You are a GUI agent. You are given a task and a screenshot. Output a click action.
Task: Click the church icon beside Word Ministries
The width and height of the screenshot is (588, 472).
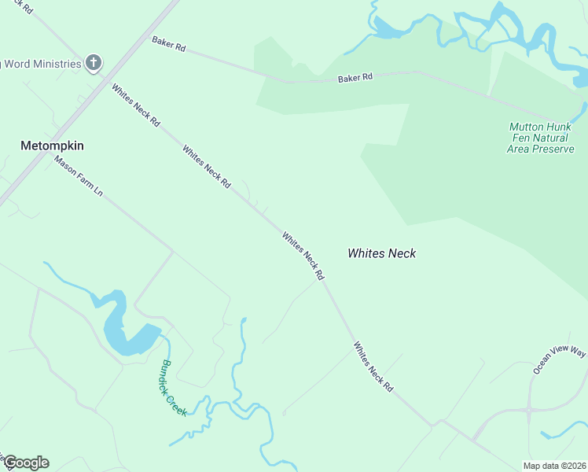(94, 63)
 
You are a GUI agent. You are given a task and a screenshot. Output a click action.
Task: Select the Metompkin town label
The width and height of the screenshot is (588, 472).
(52, 146)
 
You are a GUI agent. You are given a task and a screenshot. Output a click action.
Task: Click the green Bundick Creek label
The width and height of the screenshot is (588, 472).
(174, 387)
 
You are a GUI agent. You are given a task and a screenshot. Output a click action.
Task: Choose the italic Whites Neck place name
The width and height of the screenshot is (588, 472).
(381, 253)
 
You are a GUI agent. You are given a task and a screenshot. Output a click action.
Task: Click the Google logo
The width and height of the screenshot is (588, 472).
(25, 463)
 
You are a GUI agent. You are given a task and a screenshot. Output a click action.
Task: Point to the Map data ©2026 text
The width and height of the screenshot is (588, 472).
(553, 465)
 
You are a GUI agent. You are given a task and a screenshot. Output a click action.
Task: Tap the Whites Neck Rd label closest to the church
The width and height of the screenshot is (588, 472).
(136, 105)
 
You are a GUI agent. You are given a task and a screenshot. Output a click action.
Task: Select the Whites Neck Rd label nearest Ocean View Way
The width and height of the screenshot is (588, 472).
(373, 367)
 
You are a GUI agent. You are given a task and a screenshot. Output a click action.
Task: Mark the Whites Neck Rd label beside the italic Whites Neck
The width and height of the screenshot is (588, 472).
(303, 256)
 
